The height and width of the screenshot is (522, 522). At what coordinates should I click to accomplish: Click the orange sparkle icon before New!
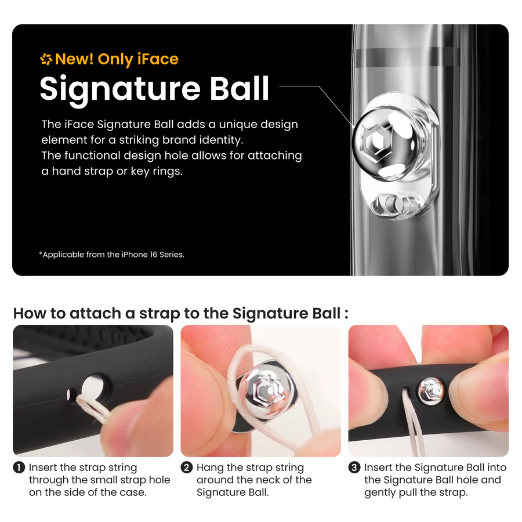tap(46, 59)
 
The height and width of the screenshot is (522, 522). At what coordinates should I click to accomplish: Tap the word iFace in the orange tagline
tap(158, 59)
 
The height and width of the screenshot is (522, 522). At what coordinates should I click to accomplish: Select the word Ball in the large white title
tap(239, 88)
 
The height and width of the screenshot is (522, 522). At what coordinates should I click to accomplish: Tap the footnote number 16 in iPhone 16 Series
tap(154, 255)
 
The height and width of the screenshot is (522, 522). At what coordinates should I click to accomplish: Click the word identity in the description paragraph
tap(221, 140)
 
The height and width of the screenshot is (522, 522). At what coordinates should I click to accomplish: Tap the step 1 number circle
tap(19, 467)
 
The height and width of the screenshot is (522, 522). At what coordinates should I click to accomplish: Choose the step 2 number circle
tap(186, 467)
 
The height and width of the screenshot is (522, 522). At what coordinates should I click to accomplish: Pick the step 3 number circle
tap(354, 467)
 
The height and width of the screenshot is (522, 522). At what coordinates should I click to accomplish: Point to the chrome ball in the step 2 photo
tap(267, 390)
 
